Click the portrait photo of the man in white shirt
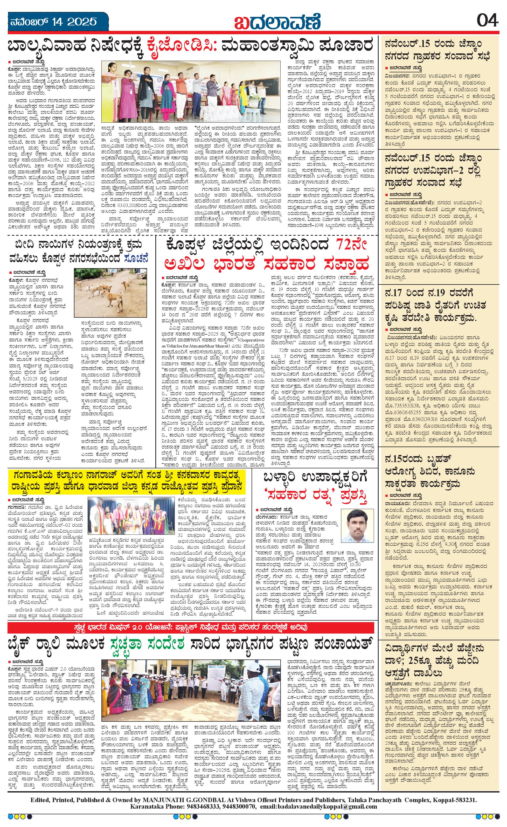(x=357, y=528)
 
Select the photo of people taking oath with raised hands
(x=191, y=91)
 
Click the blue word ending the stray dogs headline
(x=136, y=259)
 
